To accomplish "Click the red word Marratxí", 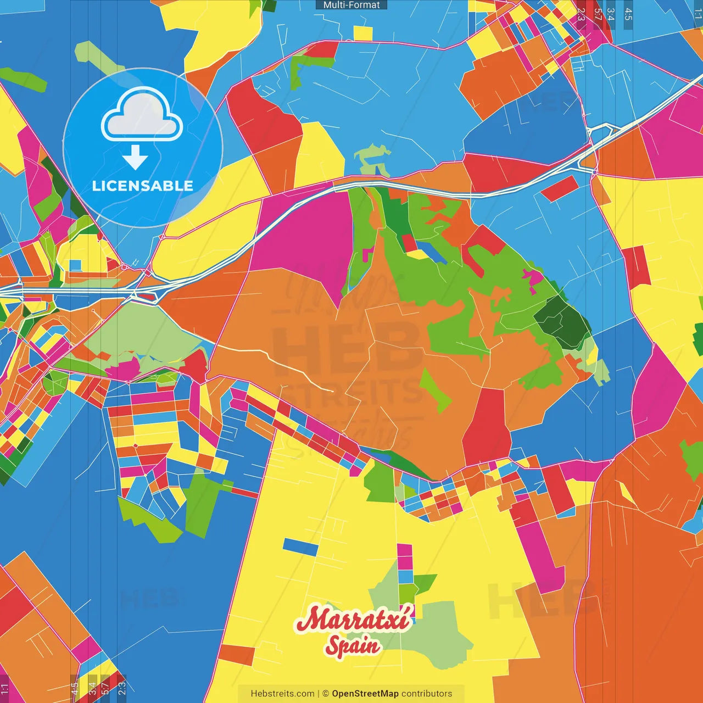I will click(353, 620).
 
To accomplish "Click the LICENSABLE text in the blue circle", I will click(143, 186).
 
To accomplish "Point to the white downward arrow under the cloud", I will click(135, 158).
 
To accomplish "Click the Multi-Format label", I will click(351, 5).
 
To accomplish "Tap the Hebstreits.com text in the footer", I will click(282, 694).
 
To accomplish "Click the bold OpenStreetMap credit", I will click(365, 694).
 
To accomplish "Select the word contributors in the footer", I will click(427, 694).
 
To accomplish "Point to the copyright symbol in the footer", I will click(325, 694).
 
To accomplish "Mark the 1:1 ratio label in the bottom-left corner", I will click(4, 688).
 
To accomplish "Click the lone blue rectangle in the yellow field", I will click(300, 546).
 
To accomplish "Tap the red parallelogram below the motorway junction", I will click(559, 188).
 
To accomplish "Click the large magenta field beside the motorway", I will click(305, 236).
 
